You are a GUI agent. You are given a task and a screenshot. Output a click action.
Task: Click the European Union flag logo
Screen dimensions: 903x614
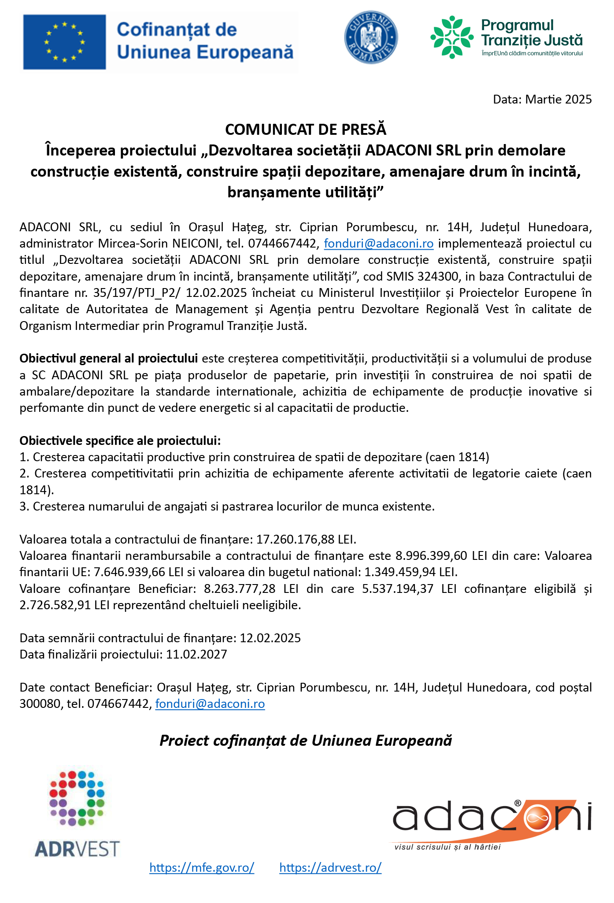tap(64, 42)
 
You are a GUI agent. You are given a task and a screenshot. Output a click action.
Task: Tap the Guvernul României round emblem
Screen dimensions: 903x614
tap(371, 37)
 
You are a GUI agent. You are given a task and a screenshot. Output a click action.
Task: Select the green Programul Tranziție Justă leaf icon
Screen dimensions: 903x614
tap(452, 37)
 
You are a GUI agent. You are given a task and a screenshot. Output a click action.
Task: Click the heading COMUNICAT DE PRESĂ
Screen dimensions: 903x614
tap(306, 130)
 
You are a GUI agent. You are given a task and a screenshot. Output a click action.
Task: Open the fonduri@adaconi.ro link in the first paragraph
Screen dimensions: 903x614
tap(379, 244)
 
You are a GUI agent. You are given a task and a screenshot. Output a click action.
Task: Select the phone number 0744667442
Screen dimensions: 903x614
tap(282, 244)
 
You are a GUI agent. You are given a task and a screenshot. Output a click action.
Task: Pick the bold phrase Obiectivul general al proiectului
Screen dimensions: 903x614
tap(108, 359)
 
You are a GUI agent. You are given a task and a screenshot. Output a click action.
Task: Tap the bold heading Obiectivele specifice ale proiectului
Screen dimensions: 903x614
tap(120, 441)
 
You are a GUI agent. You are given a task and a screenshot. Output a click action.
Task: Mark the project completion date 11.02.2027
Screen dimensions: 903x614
tap(196, 655)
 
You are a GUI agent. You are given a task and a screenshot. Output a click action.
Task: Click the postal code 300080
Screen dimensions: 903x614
tap(40, 704)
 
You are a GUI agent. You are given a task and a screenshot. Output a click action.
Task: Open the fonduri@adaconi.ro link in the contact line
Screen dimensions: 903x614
tap(210, 704)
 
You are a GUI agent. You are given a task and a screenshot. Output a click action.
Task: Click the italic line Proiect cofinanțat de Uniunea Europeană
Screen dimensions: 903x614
tap(306, 741)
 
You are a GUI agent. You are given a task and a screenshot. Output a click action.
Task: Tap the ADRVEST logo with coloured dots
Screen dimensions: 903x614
tap(78, 813)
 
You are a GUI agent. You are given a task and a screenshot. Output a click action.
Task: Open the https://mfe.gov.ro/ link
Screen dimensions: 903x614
tap(202, 868)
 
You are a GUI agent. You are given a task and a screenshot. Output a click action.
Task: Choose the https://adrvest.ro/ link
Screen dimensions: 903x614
tap(330, 868)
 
